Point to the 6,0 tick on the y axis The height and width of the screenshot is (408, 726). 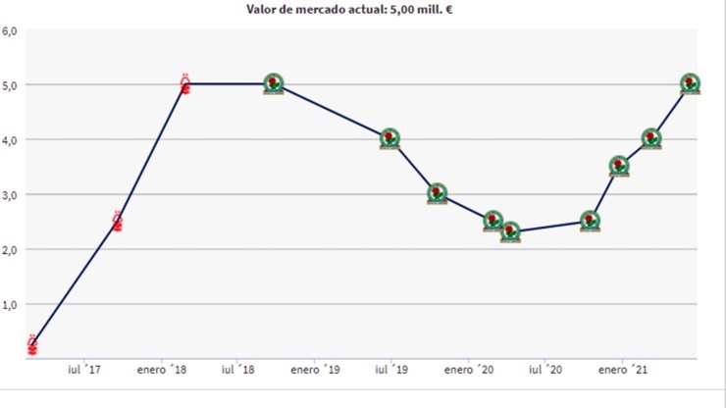(x=11, y=31)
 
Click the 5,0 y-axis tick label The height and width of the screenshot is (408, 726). (x=11, y=85)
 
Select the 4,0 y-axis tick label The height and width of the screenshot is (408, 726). (x=11, y=140)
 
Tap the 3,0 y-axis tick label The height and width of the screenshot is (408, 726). (x=11, y=195)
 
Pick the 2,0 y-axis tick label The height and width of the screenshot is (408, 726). (x=11, y=250)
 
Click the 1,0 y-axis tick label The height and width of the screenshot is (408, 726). (x=11, y=305)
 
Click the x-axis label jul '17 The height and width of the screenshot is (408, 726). (x=84, y=371)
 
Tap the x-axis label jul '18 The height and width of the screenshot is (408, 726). (x=238, y=371)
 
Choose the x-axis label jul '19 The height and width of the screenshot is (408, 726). (x=390, y=371)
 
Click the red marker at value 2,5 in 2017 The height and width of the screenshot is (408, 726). (x=118, y=223)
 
